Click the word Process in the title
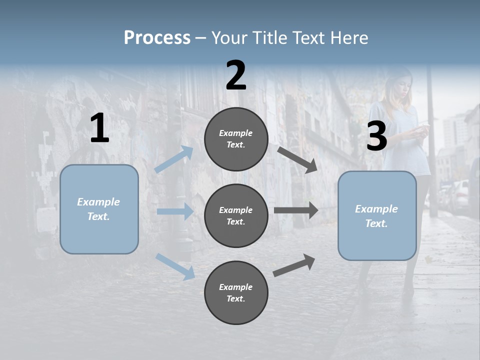point(157,38)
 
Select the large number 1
point(99,128)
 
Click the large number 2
point(236,75)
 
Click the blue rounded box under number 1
point(99,209)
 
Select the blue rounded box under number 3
point(377,216)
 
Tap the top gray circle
point(236,139)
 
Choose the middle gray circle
point(236,216)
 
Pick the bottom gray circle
point(236,293)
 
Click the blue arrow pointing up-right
point(174,159)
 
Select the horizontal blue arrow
point(175,211)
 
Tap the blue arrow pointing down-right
point(175,266)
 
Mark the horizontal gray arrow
point(296,210)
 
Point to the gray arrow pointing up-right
point(294,265)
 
